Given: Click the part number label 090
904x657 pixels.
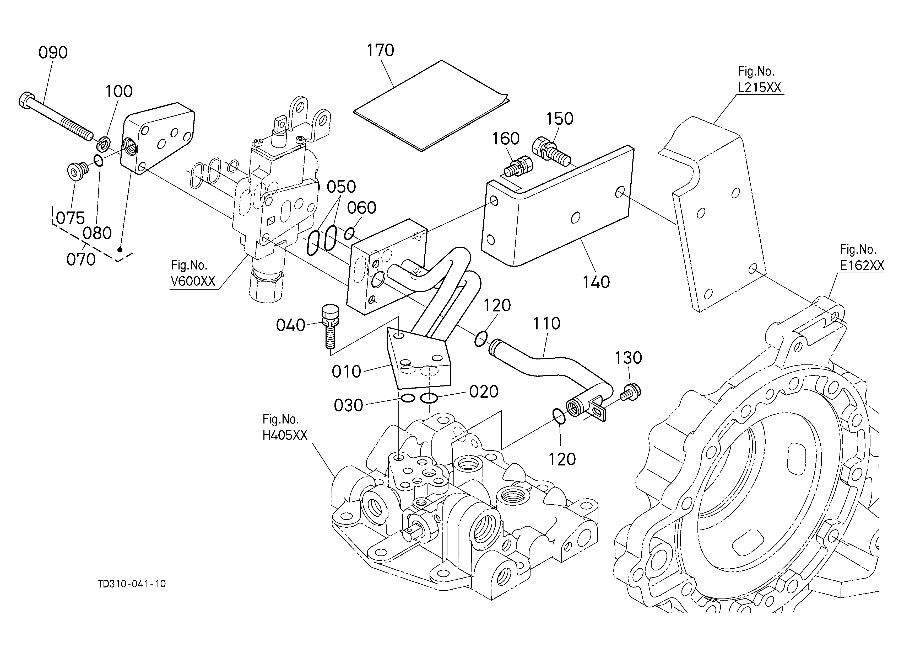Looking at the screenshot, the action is [53, 53].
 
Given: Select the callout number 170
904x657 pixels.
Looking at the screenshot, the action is [380, 50].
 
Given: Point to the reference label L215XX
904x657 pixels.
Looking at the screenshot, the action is [759, 87].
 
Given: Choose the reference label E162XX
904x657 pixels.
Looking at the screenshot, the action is [862, 265].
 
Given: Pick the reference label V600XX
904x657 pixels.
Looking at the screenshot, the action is [193, 281].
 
